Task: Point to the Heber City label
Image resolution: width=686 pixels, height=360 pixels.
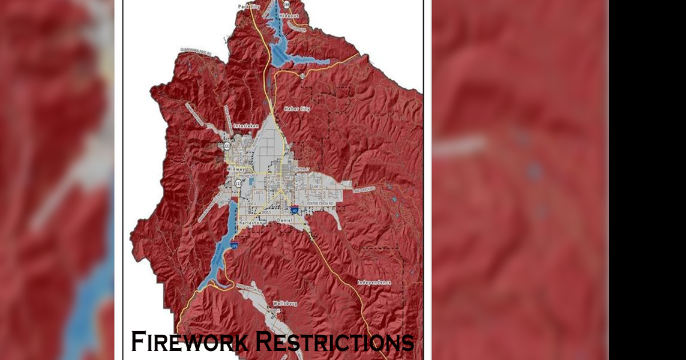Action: point(296,109)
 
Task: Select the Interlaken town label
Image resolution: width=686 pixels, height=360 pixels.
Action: point(245,127)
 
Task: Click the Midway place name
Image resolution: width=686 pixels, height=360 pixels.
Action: point(236,169)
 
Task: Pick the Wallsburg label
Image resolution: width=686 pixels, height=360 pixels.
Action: point(285,304)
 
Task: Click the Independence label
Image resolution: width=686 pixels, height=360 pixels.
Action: point(374,282)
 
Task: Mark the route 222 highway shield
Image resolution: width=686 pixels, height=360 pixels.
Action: point(227,146)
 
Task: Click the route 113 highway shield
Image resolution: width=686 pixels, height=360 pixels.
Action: point(238,183)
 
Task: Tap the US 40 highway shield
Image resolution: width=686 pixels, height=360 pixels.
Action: point(295,210)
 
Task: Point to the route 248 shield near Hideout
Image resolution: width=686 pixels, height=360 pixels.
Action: point(286,4)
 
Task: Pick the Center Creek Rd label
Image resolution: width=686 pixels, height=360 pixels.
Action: point(320,203)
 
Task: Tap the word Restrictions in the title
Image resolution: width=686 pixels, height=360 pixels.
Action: point(334,341)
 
